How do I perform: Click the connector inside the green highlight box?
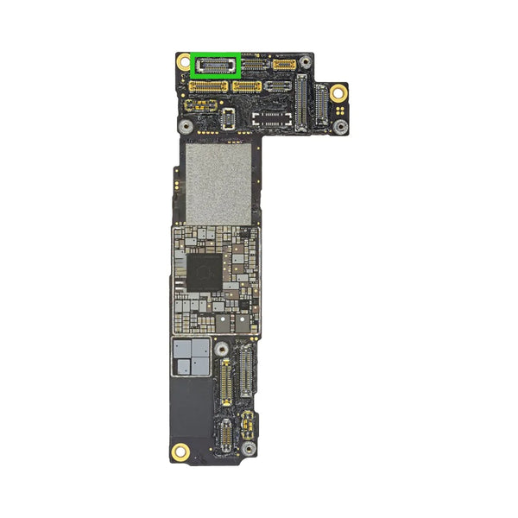(216, 65)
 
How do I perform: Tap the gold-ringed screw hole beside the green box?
(184, 62)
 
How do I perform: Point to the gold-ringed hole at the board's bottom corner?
(181, 450)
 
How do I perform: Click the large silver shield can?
(218, 184)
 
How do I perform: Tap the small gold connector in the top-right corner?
(284, 64)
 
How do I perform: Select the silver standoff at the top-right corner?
(302, 62)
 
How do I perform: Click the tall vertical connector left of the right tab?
(300, 102)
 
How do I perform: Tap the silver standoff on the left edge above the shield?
(185, 126)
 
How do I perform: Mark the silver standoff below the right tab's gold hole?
(341, 127)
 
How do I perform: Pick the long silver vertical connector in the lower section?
(245, 370)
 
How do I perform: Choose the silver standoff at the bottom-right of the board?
(249, 450)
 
